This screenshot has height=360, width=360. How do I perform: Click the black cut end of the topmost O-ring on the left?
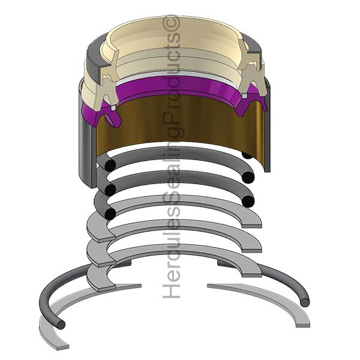(x=110, y=165)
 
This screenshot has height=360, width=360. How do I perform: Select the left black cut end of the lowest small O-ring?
(x=110, y=214)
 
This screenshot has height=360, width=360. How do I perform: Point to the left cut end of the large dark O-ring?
(x=61, y=325)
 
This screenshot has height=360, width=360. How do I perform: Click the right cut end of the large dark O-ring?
(x=305, y=302)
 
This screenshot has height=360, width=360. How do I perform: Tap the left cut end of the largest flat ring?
(x=62, y=347)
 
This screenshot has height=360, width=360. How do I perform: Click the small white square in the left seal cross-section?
(x=113, y=107)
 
